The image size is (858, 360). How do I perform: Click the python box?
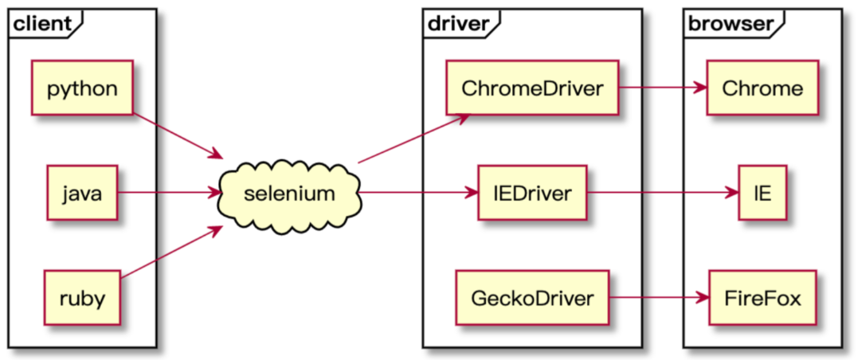tap(82, 88)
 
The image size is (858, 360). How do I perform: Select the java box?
tap(82, 193)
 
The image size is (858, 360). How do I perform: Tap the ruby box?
tap(82, 298)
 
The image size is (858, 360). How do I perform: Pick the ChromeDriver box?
tap(532, 88)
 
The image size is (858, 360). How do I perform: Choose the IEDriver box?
tap(532, 193)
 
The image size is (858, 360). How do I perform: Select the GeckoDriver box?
tap(532, 298)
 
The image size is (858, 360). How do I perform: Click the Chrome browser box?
tap(762, 88)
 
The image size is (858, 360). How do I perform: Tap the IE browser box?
tap(762, 193)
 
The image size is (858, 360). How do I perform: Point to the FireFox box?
tap(762, 298)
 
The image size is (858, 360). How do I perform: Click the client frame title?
tap(42, 24)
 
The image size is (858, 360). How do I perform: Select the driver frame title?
tap(457, 24)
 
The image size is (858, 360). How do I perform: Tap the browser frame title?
tap(730, 24)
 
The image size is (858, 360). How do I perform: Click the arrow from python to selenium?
tap(178, 136)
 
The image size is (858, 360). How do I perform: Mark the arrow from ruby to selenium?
tap(170, 252)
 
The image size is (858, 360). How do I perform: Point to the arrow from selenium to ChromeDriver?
tap(413, 139)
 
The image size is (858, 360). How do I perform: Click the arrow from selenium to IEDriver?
tap(420, 193)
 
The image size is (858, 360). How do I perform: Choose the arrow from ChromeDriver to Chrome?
tap(662, 88)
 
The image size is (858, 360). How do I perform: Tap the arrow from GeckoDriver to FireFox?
tap(660, 298)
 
